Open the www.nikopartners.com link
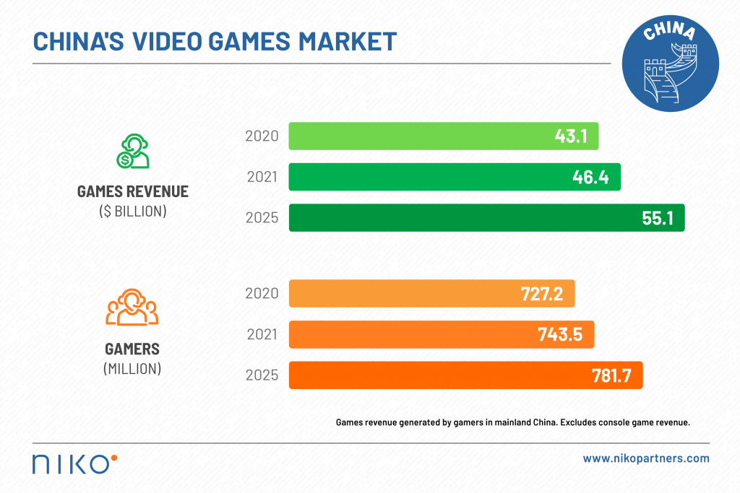tap(646, 458)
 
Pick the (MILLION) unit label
tap(132, 368)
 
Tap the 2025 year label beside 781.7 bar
tap(262, 375)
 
